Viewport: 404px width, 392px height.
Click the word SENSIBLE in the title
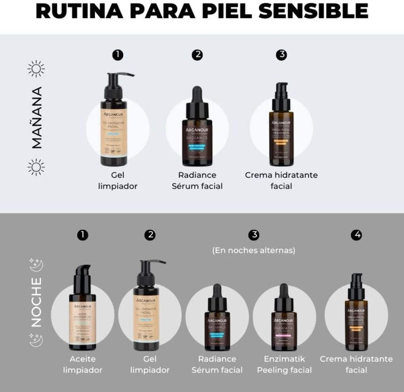(x=313, y=11)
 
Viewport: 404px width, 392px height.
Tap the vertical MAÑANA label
(x=37, y=118)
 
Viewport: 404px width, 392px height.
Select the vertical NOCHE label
(x=36, y=302)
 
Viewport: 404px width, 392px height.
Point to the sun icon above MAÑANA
(x=36, y=69)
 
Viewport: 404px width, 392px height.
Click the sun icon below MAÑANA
(x=36, y=167)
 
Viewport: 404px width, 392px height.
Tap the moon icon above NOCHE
(x=36, y=265)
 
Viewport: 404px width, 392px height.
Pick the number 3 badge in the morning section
(x=281, y=55)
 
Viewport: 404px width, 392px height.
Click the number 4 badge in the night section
(x=356, y=235)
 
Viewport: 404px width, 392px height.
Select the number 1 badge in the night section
(x=82, y=235)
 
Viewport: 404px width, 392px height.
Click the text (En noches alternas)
(x=254, y=250)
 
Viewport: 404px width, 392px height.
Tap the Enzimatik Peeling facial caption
(x=284, y=364)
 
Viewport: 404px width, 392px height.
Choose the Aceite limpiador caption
(x=82, y=364)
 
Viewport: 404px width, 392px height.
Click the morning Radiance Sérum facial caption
(x=197, y=180)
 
